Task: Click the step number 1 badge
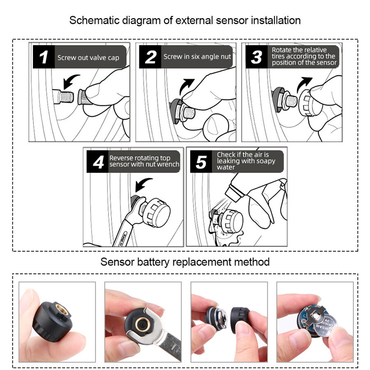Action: pyautogui.click(x=44, y=58)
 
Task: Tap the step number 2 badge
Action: pyautogui.click(x=150, y=58)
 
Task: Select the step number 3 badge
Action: pyautogui.click(x=256, y=58)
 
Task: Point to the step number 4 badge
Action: pyautogui.click(x=98, y=162)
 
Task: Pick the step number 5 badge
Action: pyautogui.click(x=201, y=162)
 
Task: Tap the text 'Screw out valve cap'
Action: pyautogui.click(x=88, y=58)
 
